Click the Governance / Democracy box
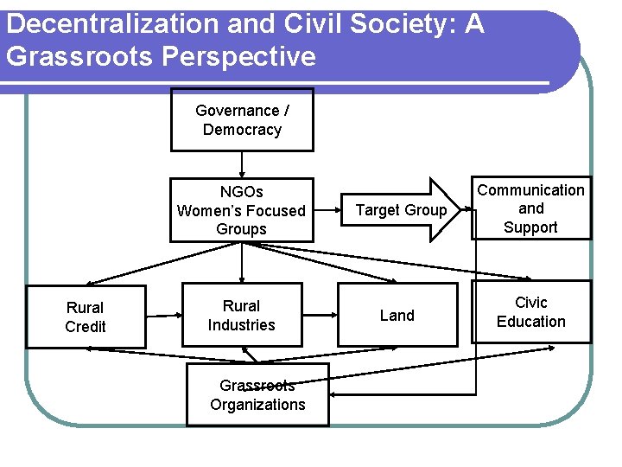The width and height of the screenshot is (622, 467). click(242, 120)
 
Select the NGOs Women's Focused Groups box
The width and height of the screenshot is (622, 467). click(241, 210)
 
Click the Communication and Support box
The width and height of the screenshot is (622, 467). click(530, 208)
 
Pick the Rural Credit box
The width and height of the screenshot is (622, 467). click(86, 317)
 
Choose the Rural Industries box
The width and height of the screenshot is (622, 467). click(241, 316)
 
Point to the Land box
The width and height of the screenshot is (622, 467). click(397, 316)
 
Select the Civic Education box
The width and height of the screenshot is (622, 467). click(530, 312)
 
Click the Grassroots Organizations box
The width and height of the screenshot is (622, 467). click(257, 395)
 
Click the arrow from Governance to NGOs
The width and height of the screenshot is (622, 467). click(242, 164)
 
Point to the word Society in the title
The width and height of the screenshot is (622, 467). click(402, 24)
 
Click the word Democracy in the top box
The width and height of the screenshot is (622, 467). click(242, 130)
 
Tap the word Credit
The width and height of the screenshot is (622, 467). click(86, 326)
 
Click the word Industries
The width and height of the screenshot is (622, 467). click(241, 325)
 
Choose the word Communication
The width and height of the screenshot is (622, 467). click(530, 189)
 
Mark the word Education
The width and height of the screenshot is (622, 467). click(530, 322)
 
